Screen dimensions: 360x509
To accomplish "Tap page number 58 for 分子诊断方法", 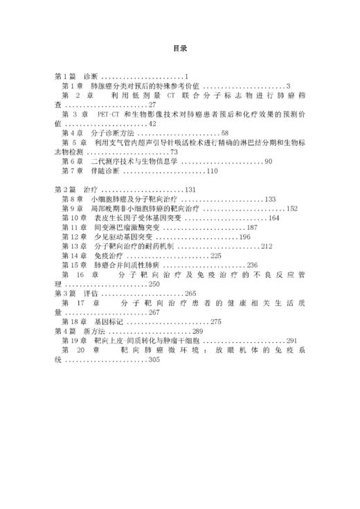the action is [225, 132].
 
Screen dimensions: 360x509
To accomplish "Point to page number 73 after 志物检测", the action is [174, 151].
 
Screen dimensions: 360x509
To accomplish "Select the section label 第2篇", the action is [64, 189].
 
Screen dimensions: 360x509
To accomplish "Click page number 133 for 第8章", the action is [270, 199].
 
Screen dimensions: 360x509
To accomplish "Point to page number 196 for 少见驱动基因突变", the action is [244, 237].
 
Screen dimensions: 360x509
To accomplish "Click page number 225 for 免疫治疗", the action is [215, 256].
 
